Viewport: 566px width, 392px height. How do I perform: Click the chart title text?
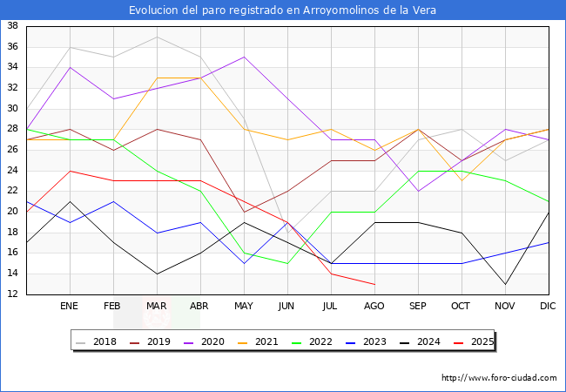283,10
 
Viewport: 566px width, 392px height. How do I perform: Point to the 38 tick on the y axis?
13,26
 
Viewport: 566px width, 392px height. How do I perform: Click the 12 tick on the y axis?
13,294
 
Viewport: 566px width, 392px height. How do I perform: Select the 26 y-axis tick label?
13,150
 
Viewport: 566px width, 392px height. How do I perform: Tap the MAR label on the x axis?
157,307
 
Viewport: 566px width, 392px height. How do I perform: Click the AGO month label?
374,307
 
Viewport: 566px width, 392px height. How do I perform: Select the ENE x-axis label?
70,307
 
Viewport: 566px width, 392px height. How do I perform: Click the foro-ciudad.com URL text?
499,378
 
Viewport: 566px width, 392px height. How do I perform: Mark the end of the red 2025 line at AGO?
374,284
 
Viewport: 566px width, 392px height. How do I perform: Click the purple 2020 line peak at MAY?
244,57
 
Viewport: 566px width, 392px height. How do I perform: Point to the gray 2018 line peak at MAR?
157,37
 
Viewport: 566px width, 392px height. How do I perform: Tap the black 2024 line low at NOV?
505,284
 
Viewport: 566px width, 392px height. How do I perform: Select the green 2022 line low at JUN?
287,263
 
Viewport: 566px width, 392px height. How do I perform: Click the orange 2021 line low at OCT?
462,180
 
